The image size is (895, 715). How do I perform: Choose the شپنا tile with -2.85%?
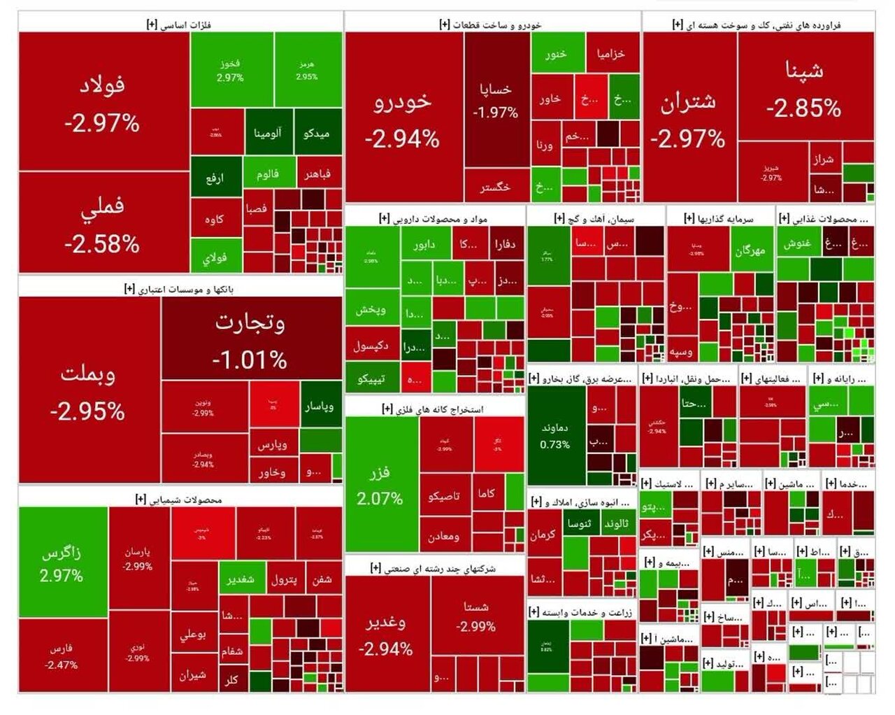click(804, 87)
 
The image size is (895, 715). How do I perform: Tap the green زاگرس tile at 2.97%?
click(62, 562)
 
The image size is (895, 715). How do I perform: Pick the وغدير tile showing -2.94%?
click(386, 633)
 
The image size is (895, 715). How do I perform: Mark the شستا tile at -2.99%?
click(476, 615)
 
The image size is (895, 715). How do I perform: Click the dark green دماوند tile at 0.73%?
click(555, 434)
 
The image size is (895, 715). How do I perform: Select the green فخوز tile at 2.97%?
click(230, 69)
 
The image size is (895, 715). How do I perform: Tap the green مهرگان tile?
click(750, 250)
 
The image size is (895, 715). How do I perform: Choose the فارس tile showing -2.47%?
click(62, 656)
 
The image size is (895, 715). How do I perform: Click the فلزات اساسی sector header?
click(180, 24)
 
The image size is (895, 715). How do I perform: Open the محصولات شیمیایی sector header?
click(180, 500)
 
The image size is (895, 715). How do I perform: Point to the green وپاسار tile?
click(320, 405)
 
